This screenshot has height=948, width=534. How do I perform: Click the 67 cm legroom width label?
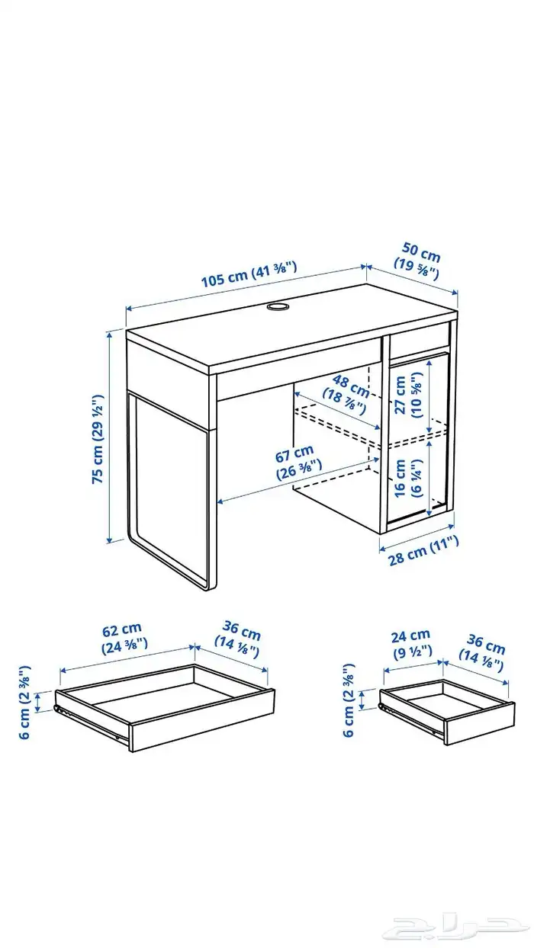(298, 463)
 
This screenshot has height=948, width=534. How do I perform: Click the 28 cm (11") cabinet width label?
(424, 551)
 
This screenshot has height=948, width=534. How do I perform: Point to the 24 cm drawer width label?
(411, 644)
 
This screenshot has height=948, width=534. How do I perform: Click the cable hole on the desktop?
(278, 306)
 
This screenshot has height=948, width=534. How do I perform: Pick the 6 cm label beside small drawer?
(348, 700)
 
